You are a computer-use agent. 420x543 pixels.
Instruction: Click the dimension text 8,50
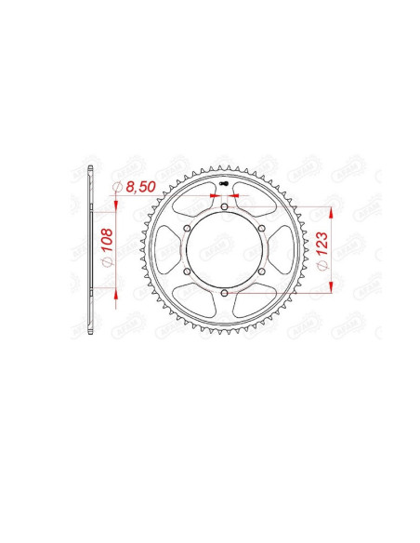click(140, 188)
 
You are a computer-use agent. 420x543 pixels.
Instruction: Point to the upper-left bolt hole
click(186, 229)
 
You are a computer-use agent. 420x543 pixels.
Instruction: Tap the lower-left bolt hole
click(186, 272)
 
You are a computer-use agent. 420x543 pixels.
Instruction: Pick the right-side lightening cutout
click(279, 251)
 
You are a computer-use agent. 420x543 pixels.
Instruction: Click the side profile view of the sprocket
click(89, 251)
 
